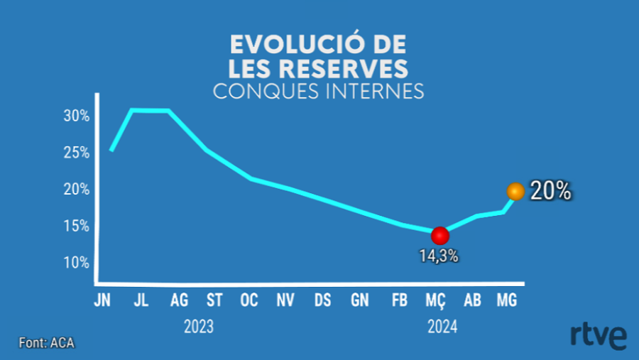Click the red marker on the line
pyautogui.click(x=440, y=235)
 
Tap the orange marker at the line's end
pyautogui.click(x=515, y=192)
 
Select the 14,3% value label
pyautogui.click(x=438, y=256)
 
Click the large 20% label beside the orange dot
pyautogui.click(x=551, y=192)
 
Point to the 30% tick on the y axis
pyautogui.click(x=76, y=116)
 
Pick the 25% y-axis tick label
pyautogui.click(x=76, y=153)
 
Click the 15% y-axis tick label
pyautogui.click(x=76, y=226)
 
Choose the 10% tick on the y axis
pyautogui.click(x=76, y=262)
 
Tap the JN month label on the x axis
pyautogui.click(x=103, y=301)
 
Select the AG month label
pyautogui.click(x=180, y=301)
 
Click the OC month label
pyautogui.click(x=249, y=301)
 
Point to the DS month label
pyautogui.click(x=322, y=301)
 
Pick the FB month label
pyautogui.click(x=399, y=301)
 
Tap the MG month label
pyautogui.click(x=506, y=301)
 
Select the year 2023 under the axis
pyautogui.click(x=198, y=327)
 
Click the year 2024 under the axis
pyautogui.click(x=442, y=327)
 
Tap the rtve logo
pyautogui.click(x=598, y=335)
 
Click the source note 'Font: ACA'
pyautogui.click(x=46, y=343)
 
